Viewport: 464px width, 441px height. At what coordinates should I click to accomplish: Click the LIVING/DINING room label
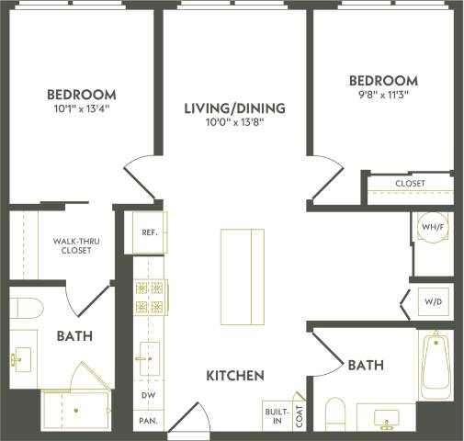pos(234,108)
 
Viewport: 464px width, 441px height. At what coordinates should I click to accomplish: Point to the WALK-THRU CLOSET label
pos(75,245)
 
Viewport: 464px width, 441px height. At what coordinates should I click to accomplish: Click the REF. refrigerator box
pos(150,232)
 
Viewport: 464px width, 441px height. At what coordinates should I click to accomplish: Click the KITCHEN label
pos(234,376)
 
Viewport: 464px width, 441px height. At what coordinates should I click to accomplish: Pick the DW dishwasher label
pos(147,395)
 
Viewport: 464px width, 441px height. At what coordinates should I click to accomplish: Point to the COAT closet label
pos(300,414)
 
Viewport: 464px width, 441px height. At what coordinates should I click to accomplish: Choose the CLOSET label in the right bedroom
pos(410,184)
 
